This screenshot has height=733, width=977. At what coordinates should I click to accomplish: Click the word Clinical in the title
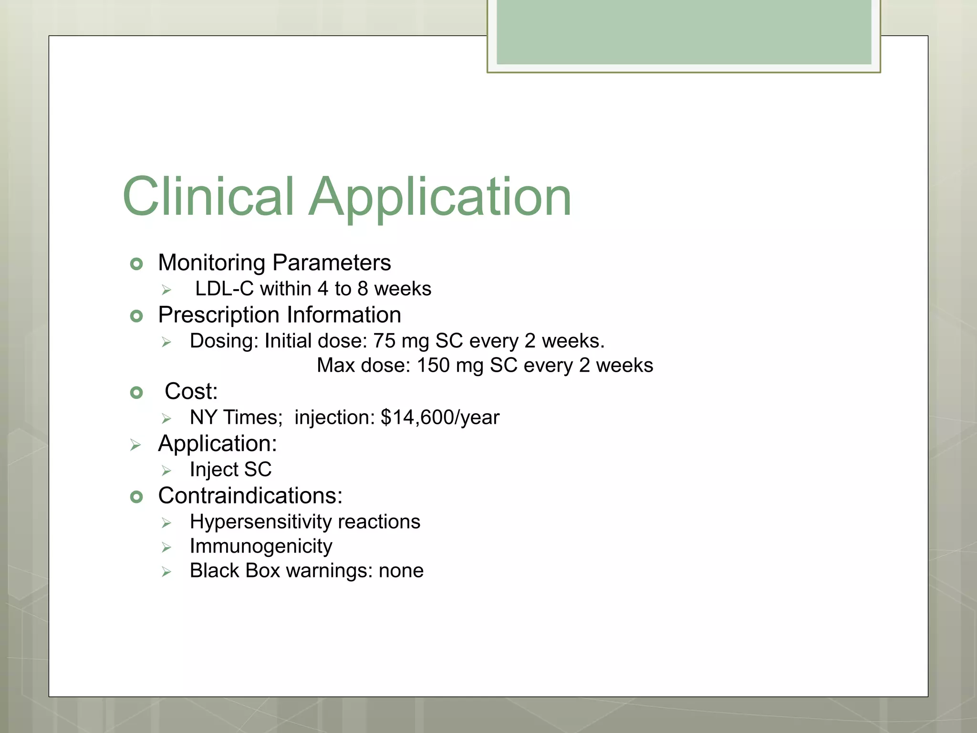tap(208, 197)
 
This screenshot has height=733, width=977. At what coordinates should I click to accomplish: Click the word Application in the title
tap(440, 197)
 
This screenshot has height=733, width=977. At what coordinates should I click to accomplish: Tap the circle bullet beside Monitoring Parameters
tap(136, 264)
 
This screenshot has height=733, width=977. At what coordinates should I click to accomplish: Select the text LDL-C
tap(224, 289)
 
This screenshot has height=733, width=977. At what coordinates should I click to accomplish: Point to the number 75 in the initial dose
tap(384, 341)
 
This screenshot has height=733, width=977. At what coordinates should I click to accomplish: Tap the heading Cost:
tap(191, 391)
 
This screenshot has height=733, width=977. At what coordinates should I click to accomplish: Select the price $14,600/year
tap(440, 418)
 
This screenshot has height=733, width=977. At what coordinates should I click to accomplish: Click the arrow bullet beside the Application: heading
tap(135, 445)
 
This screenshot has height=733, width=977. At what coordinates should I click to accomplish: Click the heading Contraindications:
tap(250, 496)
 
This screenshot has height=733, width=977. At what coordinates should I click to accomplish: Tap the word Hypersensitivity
tap(260, 522)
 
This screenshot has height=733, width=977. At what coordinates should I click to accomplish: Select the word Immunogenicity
tap(260, 546)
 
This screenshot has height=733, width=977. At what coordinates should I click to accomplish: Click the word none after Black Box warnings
tap(401, 571)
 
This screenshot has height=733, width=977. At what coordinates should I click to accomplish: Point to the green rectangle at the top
tap(683, 32)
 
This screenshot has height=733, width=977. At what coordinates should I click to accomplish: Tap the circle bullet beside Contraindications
tap(136, 497)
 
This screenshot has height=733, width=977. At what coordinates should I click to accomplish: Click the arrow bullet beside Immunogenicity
tap(166, 547)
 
